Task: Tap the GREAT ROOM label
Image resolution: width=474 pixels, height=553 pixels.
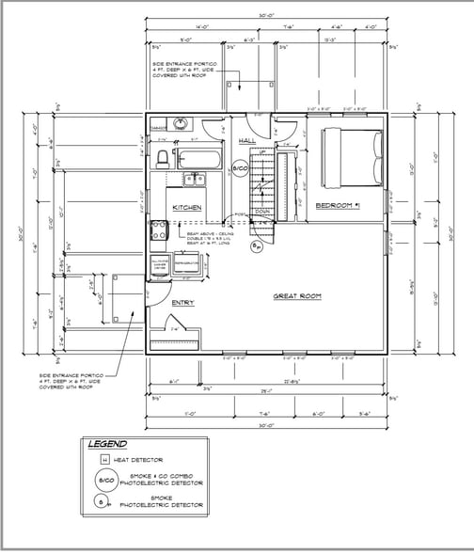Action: click(x=298, y=295)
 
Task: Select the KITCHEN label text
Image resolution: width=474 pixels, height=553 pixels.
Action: click(x=186, y=207)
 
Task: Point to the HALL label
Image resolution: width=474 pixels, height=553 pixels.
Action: click(x=247, y=140)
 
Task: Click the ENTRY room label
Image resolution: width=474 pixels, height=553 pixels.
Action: click(x=182, y=302)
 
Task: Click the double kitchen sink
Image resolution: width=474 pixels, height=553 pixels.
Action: click(x=195, y=181)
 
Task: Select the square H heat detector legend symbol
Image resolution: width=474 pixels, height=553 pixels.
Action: click(x=106, y=461)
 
